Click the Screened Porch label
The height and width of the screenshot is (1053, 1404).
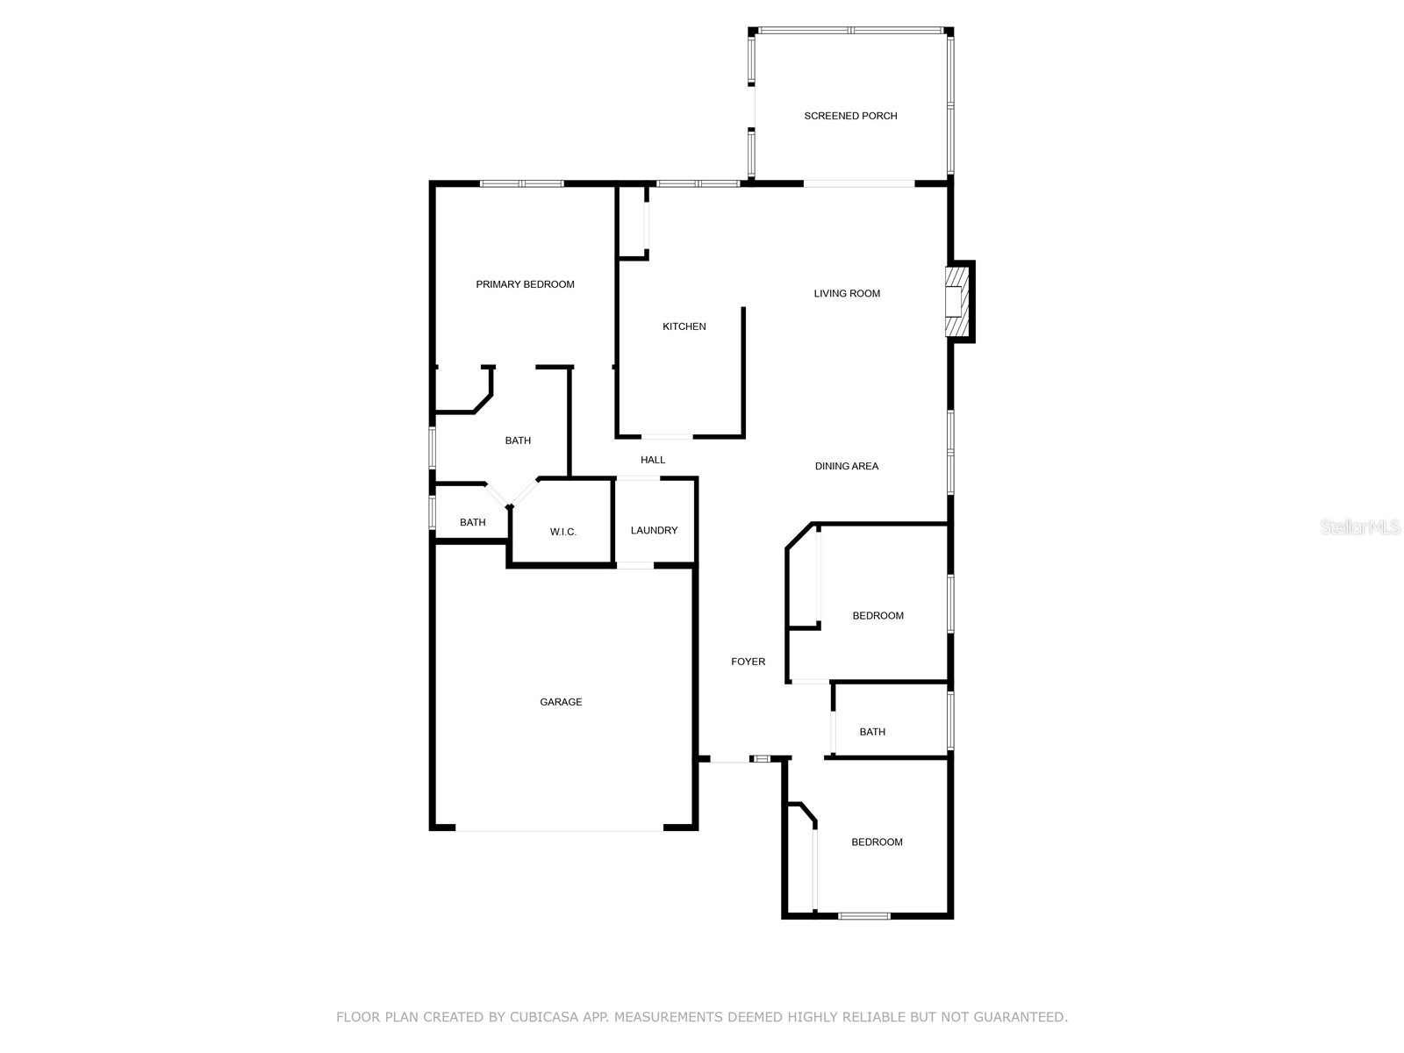(850, 116)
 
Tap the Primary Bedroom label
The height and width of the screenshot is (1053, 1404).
(525, 284)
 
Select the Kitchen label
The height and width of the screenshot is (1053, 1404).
(684, 326)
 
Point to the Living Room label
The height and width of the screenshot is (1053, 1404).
(846, 293)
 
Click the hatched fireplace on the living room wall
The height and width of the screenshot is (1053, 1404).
(956, 302)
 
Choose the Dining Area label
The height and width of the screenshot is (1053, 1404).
(846, 466)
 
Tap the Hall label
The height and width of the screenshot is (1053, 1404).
(652, 460)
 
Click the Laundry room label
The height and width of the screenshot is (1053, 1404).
(654, 530)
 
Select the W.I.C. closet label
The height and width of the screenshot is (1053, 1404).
(562, 532)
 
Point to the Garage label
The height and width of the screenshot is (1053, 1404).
(561, 702)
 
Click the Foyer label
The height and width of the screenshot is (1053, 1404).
(748, 662)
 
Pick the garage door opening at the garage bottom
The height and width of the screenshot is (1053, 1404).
(559, 828)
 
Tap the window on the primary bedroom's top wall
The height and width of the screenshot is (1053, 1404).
(521, 183)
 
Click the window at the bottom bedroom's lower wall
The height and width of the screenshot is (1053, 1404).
(863, 916)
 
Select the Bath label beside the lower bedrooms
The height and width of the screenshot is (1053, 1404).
(872, 732)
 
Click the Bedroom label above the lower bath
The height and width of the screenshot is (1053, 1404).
(877, 616)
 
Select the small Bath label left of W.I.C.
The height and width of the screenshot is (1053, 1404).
(472, 522)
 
